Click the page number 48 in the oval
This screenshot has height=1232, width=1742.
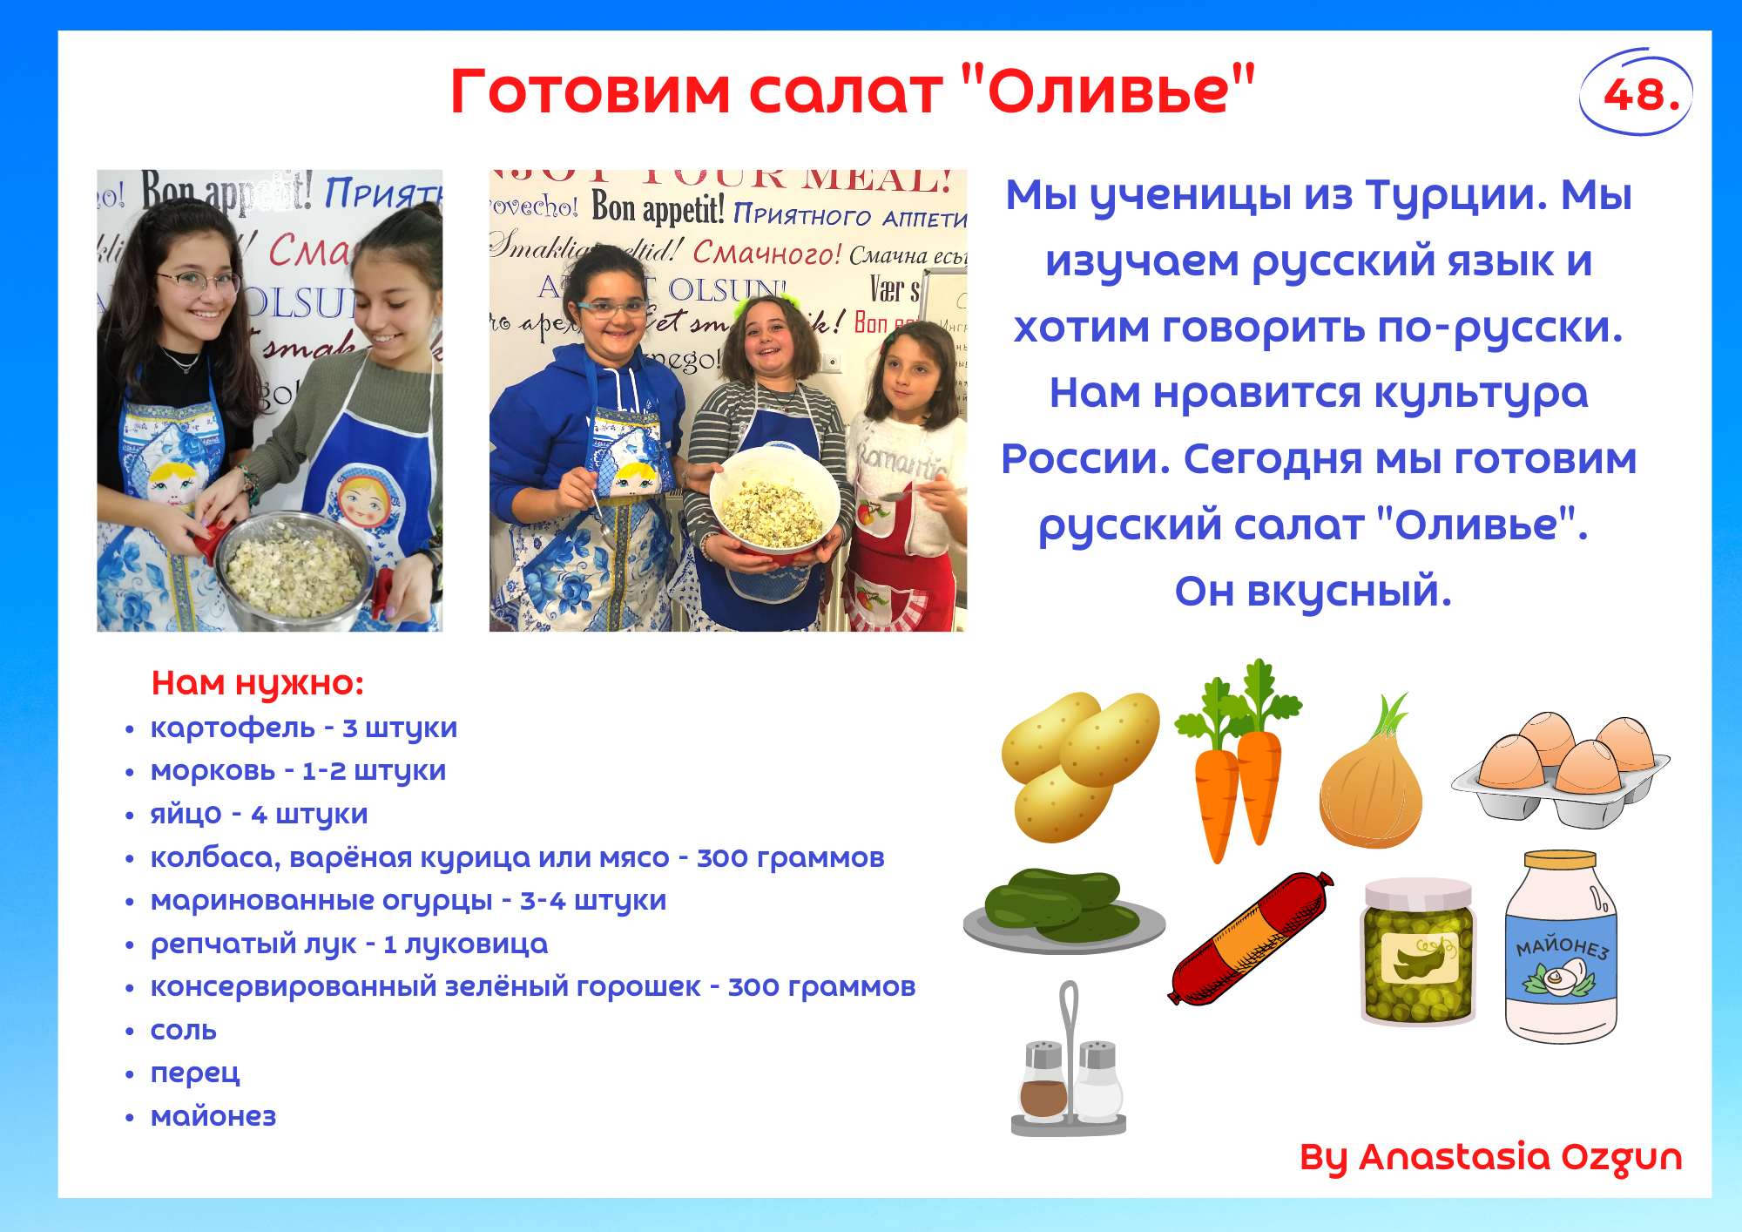(1641, 94)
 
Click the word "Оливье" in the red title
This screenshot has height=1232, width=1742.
(1108, 91)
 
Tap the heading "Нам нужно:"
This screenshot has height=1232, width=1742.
(257, 684)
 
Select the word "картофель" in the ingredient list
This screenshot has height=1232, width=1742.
(233, 728)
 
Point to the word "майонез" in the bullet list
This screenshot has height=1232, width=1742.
(213, 1116)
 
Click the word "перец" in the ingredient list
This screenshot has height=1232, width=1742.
(195, 1073)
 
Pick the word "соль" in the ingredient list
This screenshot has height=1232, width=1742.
(184, 1031)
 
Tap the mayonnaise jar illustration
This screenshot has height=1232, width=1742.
(1561, 947)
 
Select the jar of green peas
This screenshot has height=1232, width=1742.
(1418, 951)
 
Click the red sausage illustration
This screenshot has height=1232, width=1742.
(1250, 938)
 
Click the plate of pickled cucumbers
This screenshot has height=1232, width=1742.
(1063, 911)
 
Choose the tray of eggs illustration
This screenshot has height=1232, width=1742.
(1560, 769)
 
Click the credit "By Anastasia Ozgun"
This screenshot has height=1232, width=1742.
(1490, 1158)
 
